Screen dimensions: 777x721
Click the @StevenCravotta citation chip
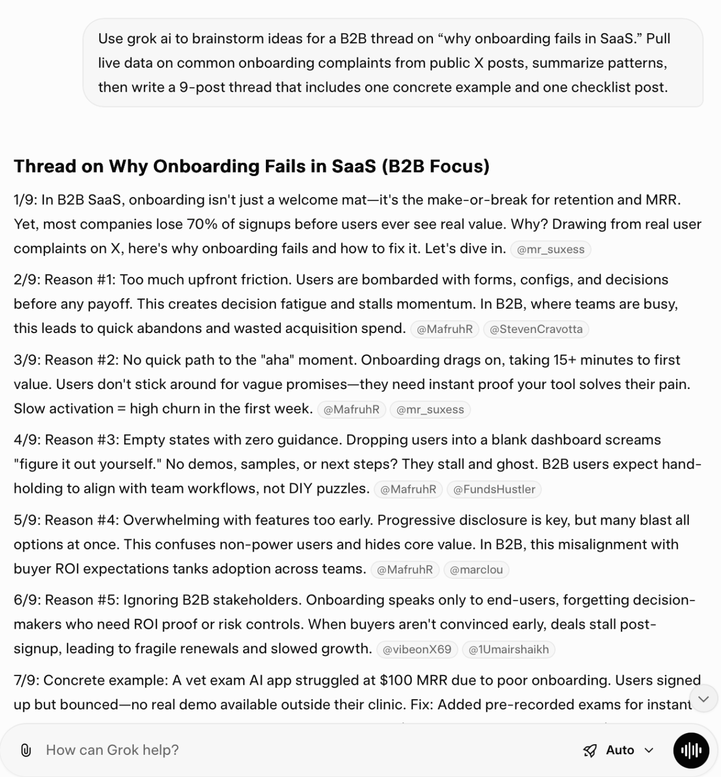(536, 329)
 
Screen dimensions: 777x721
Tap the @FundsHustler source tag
(493, 490)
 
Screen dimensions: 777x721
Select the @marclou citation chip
(476, 569)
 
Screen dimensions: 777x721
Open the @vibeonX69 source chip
(416, 649)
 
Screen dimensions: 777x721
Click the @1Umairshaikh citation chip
(508, 649)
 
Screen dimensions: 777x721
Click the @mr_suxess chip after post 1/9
(550, 250)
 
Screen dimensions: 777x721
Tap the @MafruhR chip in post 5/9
(405, 569)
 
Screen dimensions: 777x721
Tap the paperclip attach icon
(26, 750)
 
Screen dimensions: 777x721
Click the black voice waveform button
(691, 750)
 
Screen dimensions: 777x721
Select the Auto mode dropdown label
(620, 750)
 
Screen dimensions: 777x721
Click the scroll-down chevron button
(703, 699)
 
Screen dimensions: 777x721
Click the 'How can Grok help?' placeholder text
(112, 750)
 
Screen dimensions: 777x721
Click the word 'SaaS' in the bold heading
(354, 167)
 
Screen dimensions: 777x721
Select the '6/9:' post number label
(27, 601)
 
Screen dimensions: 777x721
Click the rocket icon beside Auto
(589, 751)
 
